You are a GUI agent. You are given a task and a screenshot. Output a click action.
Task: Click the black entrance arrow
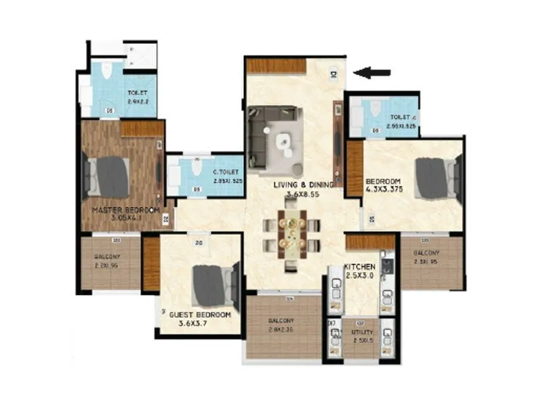pos(372,72)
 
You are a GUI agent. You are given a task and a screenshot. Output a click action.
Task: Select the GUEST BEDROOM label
pos(200,315)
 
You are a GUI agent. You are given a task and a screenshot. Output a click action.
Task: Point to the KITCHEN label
pos(360,267)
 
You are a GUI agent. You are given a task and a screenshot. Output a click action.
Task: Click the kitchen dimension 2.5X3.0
pos(360,276)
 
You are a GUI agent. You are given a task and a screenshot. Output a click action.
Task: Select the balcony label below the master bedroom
pos(107,257)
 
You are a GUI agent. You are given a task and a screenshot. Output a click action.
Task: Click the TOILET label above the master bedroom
pos(138,94)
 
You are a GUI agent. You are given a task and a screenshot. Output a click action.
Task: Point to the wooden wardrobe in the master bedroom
pos(142,129)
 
